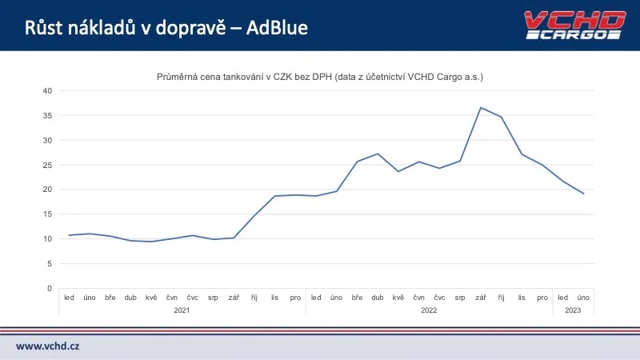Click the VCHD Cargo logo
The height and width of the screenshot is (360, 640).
[x=573, y=25]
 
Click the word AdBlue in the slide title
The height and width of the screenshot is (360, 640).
[x=277, y=28]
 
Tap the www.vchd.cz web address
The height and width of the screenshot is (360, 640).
[x=48, y=346]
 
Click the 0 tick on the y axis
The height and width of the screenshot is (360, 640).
[x=50, y=288]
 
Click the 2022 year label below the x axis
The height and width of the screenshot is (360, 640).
[x=429, y=310]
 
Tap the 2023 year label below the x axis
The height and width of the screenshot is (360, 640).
[x=574, y=310]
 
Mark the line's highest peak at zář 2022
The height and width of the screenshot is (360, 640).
[x=480, y=107]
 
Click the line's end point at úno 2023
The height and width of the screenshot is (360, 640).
[x=584, y=194]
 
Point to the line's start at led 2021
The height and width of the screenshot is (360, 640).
[x=70, y=235]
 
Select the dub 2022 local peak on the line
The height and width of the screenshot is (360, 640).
[x=378, y=154]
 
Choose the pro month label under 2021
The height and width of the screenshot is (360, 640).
[x=294, y=298]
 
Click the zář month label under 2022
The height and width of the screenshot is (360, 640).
[x=480, y=298]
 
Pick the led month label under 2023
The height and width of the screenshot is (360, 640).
[x=563, y=298]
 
